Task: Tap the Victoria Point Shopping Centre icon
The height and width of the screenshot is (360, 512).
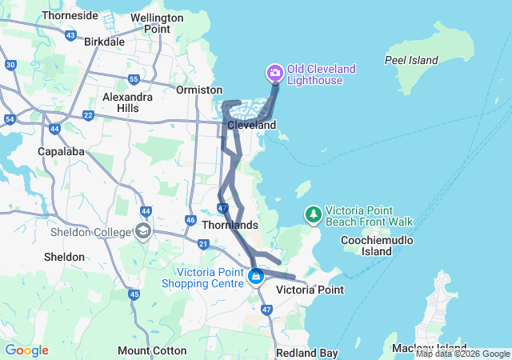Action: [256, 278]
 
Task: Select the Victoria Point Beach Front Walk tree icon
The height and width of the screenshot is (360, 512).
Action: [313, 214]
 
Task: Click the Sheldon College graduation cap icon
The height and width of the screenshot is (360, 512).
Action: [143, 232]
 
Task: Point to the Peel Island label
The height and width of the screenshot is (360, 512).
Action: [411, 60]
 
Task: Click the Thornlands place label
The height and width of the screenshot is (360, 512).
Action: [230, 226]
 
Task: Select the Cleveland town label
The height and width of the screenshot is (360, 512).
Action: [251, 126]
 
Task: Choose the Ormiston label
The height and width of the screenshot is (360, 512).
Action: [198, 90]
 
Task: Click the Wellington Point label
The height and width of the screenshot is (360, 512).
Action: [150, 22]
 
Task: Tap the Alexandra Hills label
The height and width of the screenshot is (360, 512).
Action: [127, 102]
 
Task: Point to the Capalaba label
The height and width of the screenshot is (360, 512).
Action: [61, 150]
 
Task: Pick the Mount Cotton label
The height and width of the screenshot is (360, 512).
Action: [152, 350]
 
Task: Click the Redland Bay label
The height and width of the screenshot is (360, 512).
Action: [306, 353]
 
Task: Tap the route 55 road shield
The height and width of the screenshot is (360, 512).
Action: [134, 79]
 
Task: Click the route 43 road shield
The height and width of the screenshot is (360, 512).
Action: [71, 35]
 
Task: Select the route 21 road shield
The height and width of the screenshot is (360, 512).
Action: [203, 244]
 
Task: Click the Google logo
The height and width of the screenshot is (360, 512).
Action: [26, 350]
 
